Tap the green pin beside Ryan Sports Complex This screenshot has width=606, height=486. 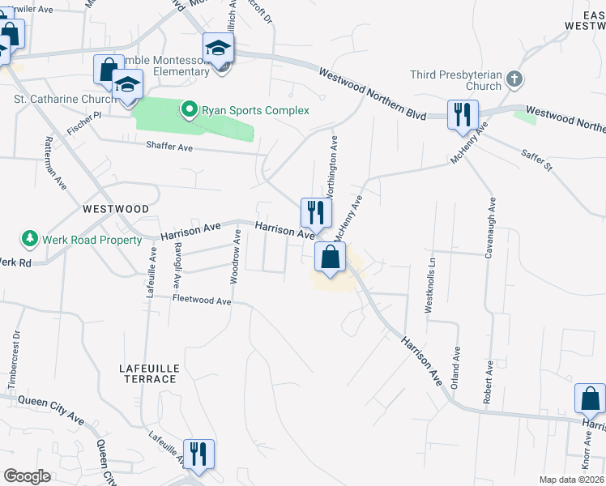click(x=190, y=109)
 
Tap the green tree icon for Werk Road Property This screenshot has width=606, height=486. click(x=30, y=239)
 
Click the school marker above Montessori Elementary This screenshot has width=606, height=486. click(x=219, y=48)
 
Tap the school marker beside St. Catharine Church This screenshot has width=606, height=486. click(x=127, y=84)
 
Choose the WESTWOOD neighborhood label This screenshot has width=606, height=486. click(x=116, y=209)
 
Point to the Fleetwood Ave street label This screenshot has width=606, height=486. click(x=202, y=301)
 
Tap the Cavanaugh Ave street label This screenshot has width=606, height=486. click(x=489, y=228)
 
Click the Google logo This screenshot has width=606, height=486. click(x=27, y=476)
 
